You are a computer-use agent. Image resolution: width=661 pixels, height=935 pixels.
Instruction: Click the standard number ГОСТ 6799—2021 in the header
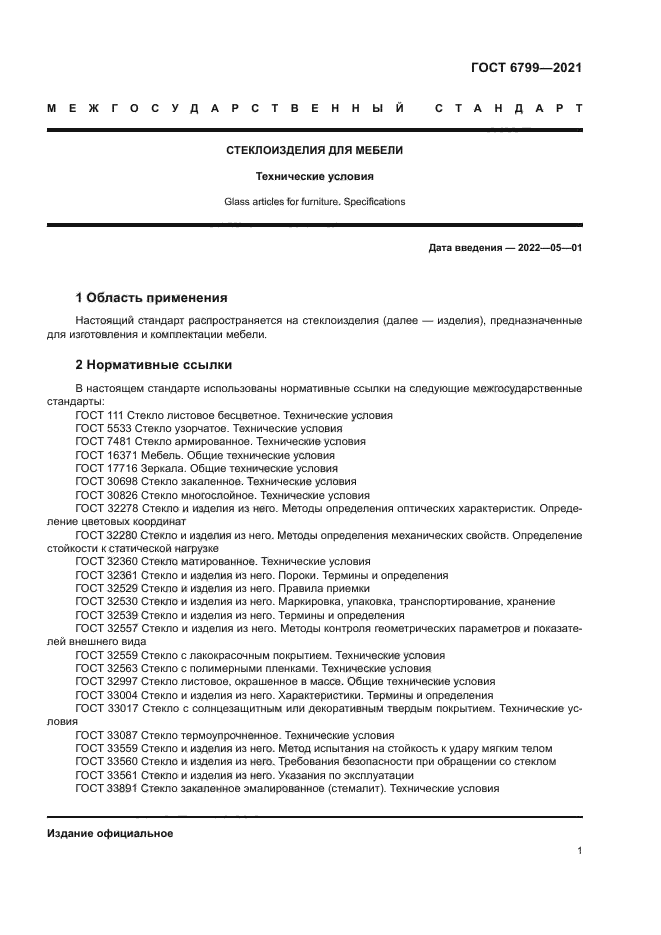click(526, 68)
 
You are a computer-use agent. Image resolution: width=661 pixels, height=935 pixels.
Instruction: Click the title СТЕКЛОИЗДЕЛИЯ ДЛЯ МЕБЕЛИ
click(315, 151)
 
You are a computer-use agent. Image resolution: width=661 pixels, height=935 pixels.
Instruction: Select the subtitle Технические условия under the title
click(315, 176)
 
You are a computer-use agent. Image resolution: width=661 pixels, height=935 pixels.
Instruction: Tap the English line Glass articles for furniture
click(315, 201)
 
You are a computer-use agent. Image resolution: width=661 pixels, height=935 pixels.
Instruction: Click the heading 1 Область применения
click(152, 298)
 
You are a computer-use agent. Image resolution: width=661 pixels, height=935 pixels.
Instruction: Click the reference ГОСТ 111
click(98, 414)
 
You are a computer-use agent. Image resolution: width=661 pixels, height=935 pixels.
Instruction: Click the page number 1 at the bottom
click(579, 851)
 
